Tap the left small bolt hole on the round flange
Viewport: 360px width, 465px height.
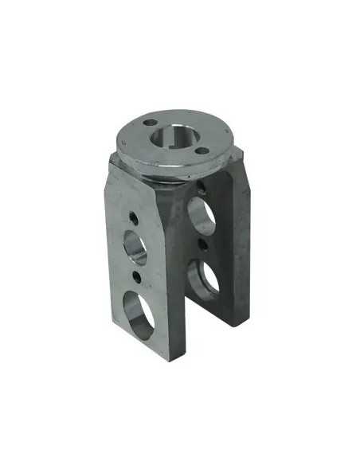coord(151,123)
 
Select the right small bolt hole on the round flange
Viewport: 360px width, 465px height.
coord(202,150)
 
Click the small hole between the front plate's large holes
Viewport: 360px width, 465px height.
coord(139,276)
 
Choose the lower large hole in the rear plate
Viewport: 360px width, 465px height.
coord(204,278)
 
